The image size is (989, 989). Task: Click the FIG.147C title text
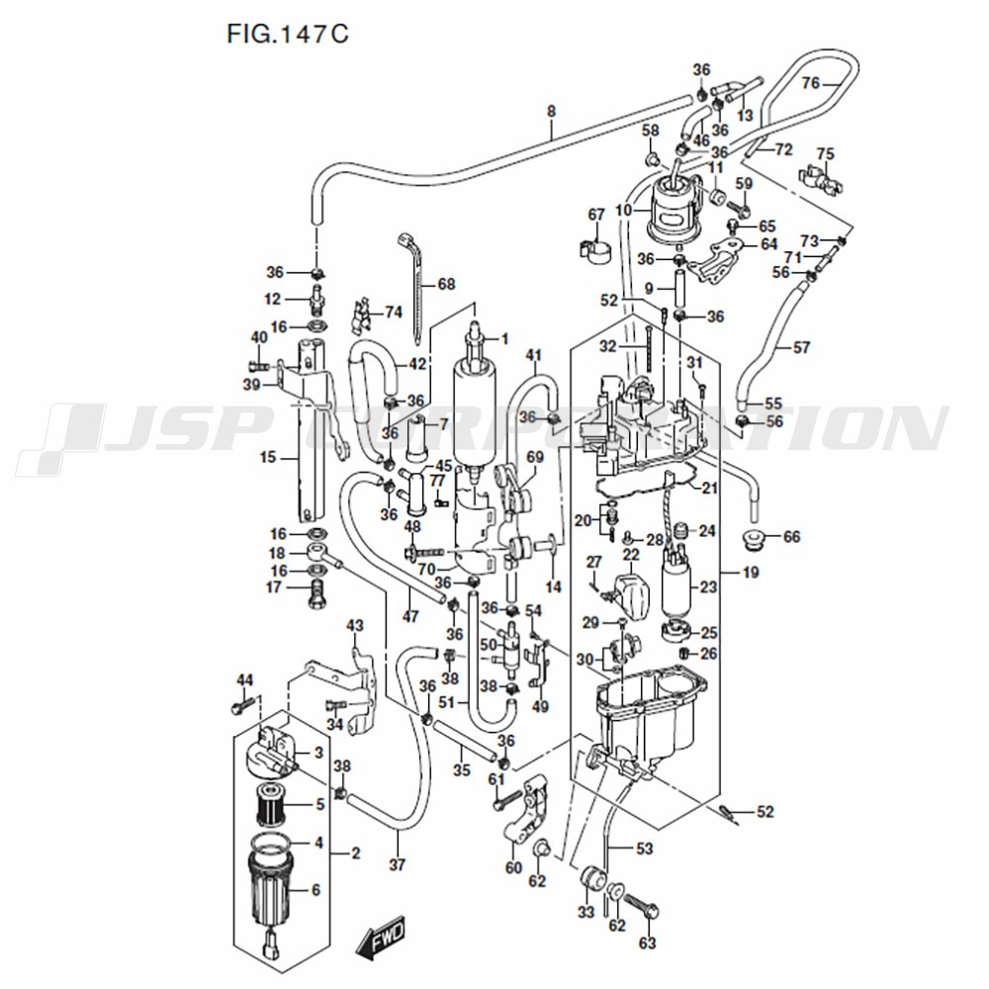pyautogui.click(x=288, y=34)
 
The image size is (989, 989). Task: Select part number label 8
pyautogui.click(x=552, y=112)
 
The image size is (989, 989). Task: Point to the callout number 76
pyautogui.click(x=811, y=83)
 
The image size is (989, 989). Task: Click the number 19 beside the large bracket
pyautogui.click(x=751, y=572)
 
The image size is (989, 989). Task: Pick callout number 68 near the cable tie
pyautogui.click(x=445, y=285)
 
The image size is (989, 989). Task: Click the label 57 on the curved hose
pyautogui.click(x=801, y=348)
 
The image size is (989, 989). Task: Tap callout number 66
pyautogui.click(x=791, y=537)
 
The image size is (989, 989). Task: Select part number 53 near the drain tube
pyautogui.click(x=644, y=849)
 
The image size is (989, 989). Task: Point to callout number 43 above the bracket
pyautogui.click(x=355, y=625)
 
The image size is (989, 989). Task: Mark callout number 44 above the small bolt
pyautogui.click(x=244, y=679)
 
